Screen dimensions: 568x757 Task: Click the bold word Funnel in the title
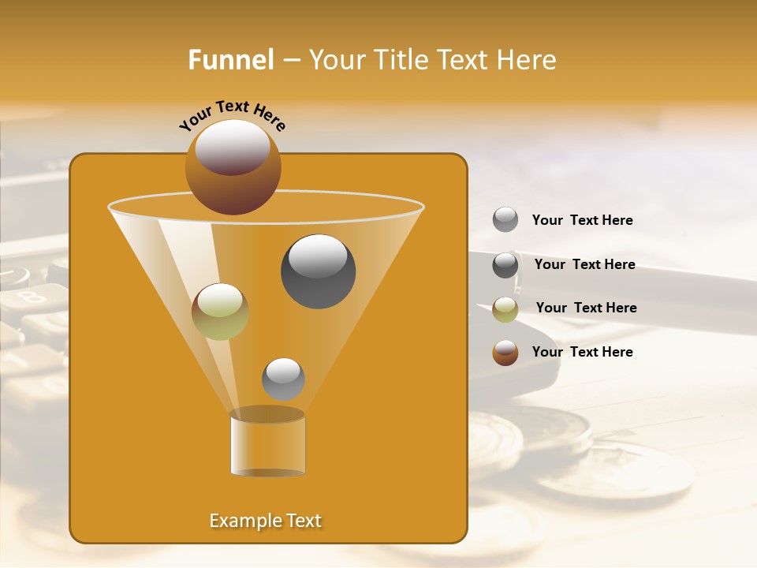pyautogui.click(x=230, y=60)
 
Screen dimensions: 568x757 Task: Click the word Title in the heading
pyautogui.click(x=400, y=60)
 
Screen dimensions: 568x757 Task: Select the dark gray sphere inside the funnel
pyautogui.click(x=318, y=271)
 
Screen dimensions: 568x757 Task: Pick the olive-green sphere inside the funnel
pyautogui.click(x=220, y=312)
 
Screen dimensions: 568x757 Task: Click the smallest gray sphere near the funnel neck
pyautogui.click(x=283, y=379)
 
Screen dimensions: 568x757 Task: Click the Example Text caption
pyautogui.click(x=265, y=521)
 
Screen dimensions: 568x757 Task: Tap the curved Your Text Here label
pyautogui.click(x=232, y=115)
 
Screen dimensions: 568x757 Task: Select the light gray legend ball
pyautogui.click(x=505, y=220)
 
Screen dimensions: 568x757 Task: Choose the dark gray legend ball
pyautogui.click(x=505, y=265)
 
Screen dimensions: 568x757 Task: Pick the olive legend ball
pyautogui.click(x=505, y=309)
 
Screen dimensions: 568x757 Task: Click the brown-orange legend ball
pyautogui.click(x=505, y=353)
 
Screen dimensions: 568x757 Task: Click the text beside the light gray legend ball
pyautogui.click(x=582, y=221)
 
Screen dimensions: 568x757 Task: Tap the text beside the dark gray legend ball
pyautogui.click(x=584, y=265)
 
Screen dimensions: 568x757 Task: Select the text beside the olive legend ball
pyautogui.click(x=586, y=308)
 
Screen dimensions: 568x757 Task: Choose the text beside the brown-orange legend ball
pyautogui.click(x=582, y=353)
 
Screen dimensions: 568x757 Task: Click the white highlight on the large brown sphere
pyautogui.click(x=233, y=147)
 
